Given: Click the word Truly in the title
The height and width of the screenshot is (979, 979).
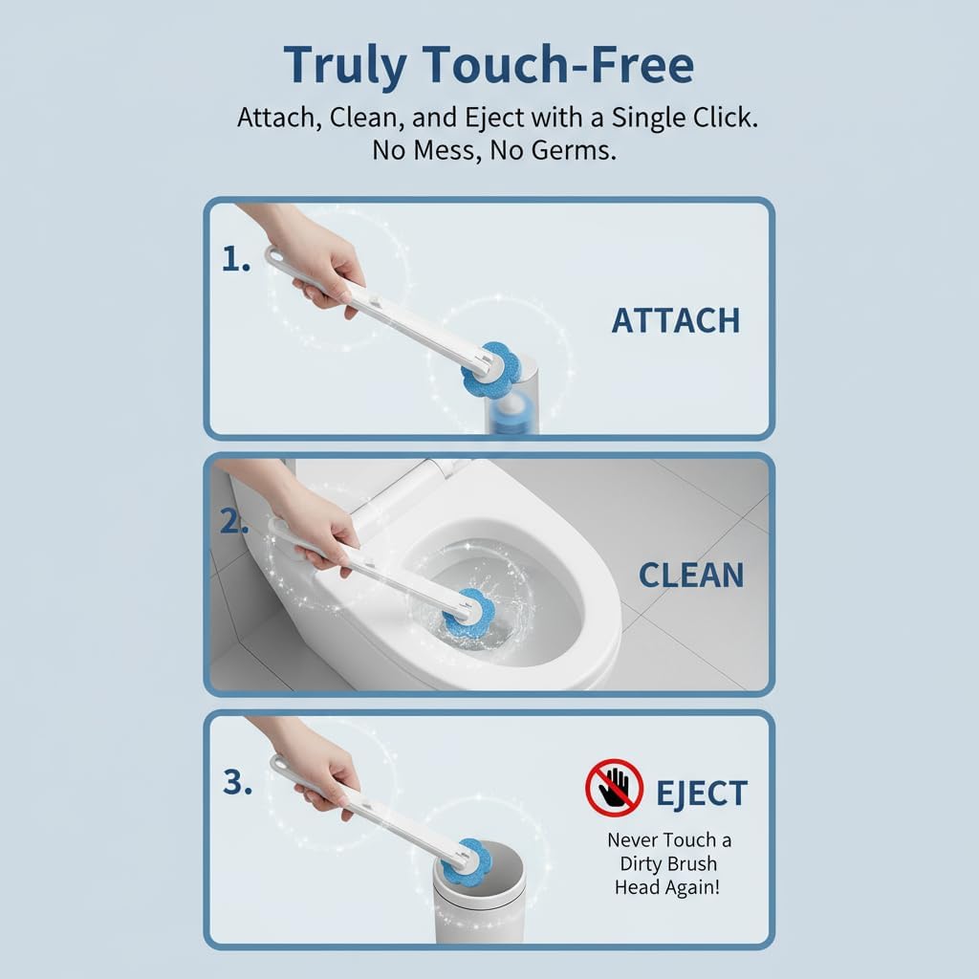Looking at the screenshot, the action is pyautogui.click(x=345, y=66).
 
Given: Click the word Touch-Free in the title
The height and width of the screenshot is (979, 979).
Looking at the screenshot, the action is pyautogui.click(x=558, y=64).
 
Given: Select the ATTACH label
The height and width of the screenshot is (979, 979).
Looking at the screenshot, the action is pyautogui.click(x=676, y=320).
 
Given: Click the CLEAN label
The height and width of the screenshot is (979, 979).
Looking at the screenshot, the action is pyautogui.click(x=691, y=575).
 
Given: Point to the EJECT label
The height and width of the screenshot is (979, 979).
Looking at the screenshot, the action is pyautogui.click(x=702, y=793).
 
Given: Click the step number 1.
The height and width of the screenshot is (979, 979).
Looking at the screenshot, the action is pyautogui.click(x=236, y=258).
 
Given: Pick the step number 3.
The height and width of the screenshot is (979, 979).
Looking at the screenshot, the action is pyautogui.click(x=237, y=782).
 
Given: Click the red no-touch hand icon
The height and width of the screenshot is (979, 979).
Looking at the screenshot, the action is pyautogui.click(x=615, y=788).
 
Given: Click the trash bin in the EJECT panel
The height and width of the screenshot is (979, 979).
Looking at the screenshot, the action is pyautogui.click(x=480, y=894).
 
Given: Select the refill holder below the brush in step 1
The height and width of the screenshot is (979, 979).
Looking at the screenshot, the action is pyautogui.click(x=512, y=400).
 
